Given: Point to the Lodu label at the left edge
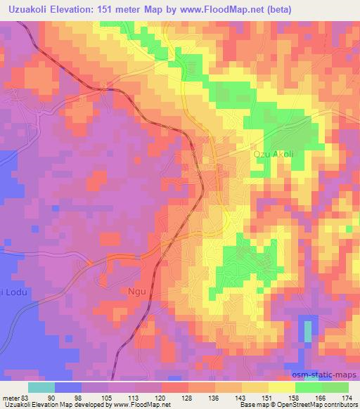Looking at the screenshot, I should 10,292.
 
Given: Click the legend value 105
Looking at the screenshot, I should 107,397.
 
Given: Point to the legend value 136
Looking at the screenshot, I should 215,397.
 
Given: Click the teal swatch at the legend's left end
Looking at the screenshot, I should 41,387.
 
